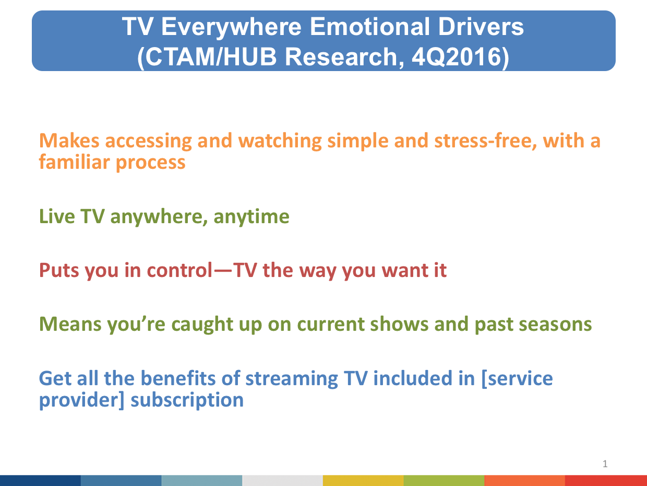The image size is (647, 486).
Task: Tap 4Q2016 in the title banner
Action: point(460,56)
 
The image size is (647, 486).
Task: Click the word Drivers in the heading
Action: point(481,27)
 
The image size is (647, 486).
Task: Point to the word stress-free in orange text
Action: point(485,141)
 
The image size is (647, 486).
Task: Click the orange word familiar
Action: point(74,162)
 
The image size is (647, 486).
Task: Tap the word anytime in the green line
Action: point(251,217)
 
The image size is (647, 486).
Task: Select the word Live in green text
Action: point(57,216)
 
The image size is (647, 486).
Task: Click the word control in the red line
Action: point(179,270)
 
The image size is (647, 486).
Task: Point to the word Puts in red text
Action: point(59,270)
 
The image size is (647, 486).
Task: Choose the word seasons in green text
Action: point(555,325)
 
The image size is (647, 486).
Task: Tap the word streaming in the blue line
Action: point(292,378)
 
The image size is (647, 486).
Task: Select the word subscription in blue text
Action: point(187,400)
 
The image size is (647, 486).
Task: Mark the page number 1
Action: point(605,464)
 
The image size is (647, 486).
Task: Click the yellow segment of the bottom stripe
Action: point(363,480)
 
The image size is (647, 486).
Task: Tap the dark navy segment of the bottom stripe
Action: point(40,480)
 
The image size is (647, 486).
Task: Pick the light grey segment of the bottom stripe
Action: point(283,480)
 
